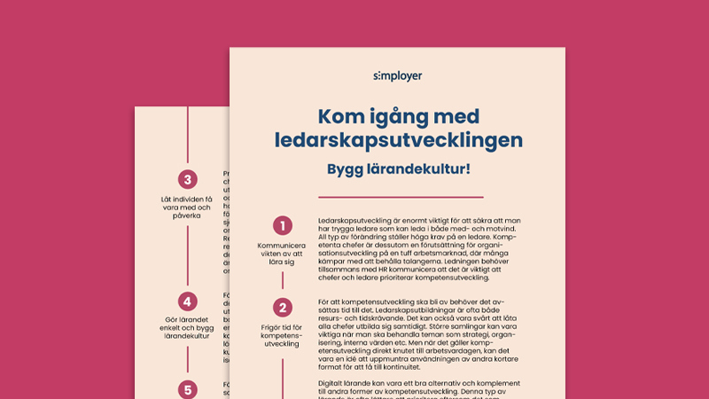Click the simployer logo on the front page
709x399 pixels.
[x=398, y=76]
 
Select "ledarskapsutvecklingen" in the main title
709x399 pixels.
[x=398, y=140]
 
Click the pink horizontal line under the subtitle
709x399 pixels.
[x=399, y=198]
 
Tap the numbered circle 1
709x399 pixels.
[x=283, y=226]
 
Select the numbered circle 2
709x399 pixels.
[x=283, y=309]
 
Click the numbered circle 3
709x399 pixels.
[x=187, y=179]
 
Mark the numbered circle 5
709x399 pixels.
[x=187, y=388]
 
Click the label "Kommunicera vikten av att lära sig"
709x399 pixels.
[x=283, y=253]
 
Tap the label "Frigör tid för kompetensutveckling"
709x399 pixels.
[x=283, y=336]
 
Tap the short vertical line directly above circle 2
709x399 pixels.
[x=283, y=280]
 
